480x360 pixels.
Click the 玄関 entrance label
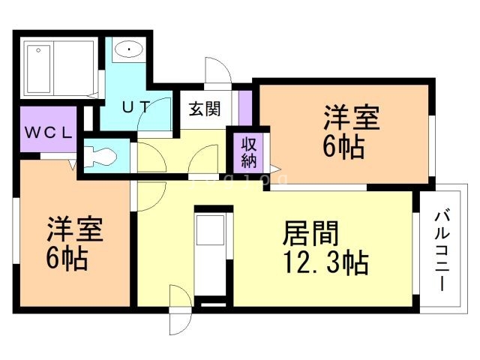coord(204,109)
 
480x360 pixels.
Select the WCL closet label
coord(49,133)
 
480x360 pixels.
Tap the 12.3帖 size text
coord(324,263)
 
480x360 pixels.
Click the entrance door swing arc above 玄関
coord(218,73)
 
